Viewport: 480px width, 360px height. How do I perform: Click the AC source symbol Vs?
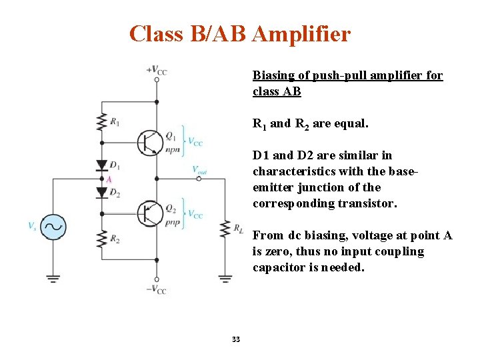(x=53, y=226)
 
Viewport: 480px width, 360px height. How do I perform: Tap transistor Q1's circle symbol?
(x=149, y=141)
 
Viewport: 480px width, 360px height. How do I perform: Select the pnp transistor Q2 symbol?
(x=149, y=213)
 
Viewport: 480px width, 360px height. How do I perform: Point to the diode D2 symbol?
(x=101, y=193)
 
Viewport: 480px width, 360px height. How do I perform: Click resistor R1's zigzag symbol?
(x=101, y=122)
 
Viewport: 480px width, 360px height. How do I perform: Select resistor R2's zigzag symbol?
(x=101, y=237)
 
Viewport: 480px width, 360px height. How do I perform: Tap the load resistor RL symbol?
(x=225, y=229)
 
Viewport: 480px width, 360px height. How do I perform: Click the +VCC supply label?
(x=157, y=70)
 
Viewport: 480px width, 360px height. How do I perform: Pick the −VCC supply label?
(x=156, y=289)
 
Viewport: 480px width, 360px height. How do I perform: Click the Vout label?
(x=199, y=170)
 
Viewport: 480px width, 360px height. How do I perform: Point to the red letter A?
(x=109, y=179)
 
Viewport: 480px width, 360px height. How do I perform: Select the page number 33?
(x=235, y=340)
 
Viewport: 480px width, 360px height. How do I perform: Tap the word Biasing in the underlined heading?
(x=273, y=75)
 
